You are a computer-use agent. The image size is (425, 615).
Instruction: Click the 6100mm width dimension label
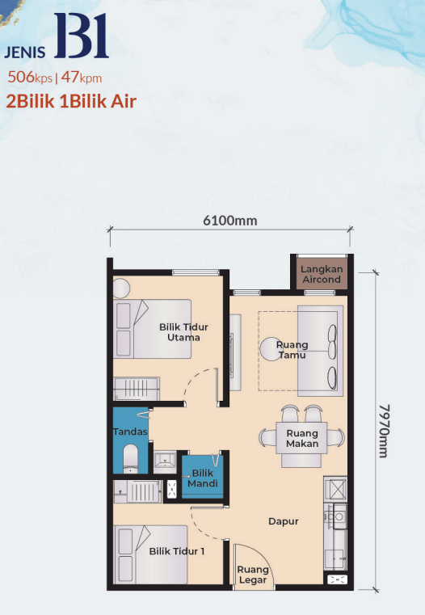coord(230,221)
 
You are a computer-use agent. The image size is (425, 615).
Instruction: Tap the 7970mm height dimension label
coord(384,431)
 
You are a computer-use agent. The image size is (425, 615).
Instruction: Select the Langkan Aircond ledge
coord(322,274)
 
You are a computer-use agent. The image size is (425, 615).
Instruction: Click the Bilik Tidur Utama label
coord(183,332)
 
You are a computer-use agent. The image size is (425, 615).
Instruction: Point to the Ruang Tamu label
coord(292,350)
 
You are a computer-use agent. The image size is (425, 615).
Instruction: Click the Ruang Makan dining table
coord(301,438)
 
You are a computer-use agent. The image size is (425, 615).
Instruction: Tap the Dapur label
coord(284,521)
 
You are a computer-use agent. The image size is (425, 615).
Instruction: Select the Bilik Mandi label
coord(202,478)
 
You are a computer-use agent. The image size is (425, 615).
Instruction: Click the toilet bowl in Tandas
coord(130,458)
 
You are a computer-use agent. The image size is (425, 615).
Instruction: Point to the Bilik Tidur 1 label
coord(177,551)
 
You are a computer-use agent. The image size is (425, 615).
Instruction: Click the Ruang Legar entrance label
coord(253,575)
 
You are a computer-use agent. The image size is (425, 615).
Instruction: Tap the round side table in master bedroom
coord(121,289)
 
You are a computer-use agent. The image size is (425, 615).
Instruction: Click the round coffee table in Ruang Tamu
coord(271,350)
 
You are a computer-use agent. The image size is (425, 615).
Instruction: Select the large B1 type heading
coord(82,36)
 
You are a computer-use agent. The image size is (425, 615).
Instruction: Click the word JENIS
coord(25,53)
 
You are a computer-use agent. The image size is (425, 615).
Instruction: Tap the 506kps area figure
coord(30,77)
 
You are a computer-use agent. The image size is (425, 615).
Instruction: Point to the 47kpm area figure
coord(82,77)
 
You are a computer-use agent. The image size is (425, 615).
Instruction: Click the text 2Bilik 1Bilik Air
coord(71,101)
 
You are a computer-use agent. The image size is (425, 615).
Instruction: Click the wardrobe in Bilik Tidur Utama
coord(137,389)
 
